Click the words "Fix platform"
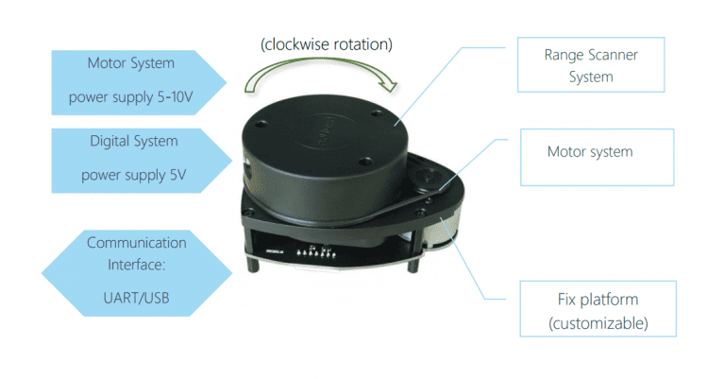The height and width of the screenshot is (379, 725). click(x=599, y=300)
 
